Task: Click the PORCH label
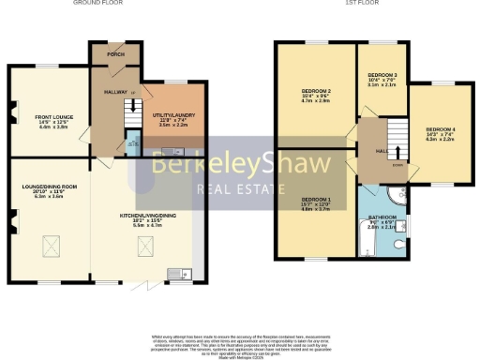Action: [x=115, y=53]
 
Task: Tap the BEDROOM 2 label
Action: [x=315, y=91]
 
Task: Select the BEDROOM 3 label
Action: [x=382, y=75]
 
